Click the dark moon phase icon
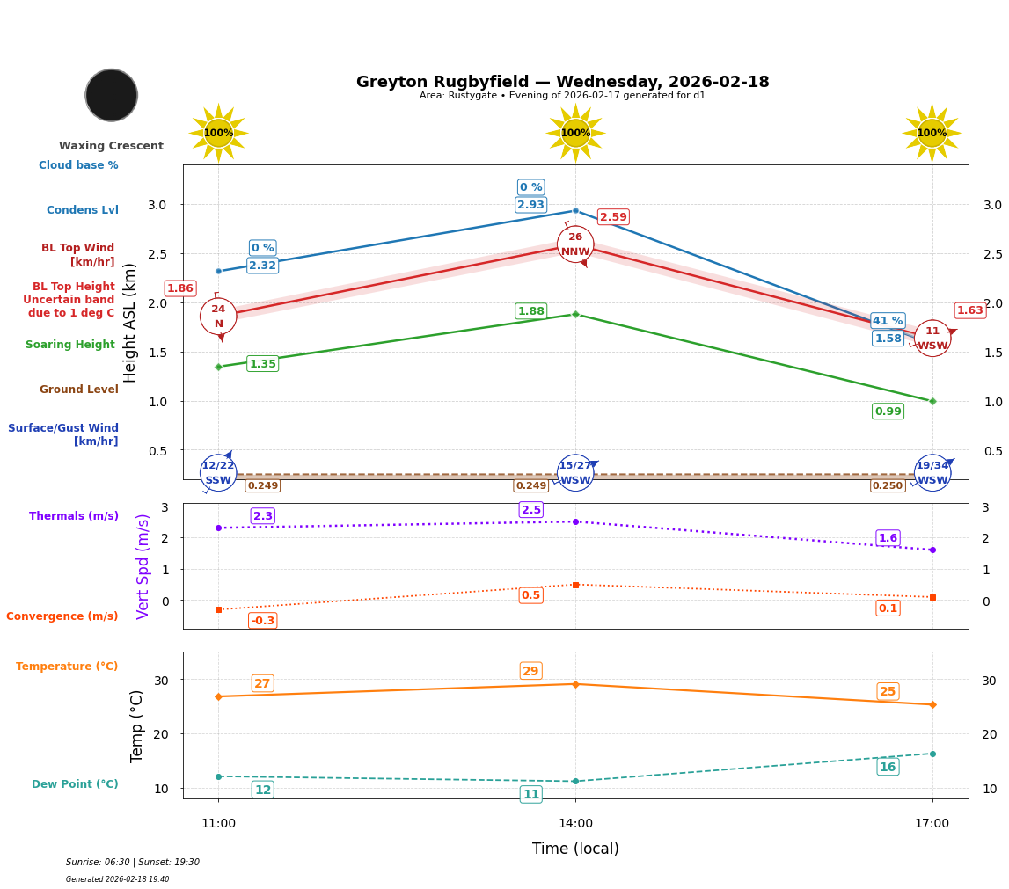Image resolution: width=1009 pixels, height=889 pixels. (112, 95)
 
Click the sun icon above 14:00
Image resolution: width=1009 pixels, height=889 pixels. (575, 133)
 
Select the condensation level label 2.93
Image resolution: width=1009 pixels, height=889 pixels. (530, 205)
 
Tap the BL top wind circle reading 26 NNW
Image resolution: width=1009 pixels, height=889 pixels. (575, 244)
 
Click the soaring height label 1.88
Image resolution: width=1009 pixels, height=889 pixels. (530, 311)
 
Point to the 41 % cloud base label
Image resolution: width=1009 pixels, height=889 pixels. (888, 321)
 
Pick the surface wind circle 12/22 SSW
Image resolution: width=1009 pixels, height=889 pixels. (218, 473)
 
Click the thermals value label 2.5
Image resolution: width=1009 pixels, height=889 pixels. (530, 510)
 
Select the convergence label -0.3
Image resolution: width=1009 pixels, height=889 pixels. (262, 621)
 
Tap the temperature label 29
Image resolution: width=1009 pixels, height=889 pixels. (530, 671)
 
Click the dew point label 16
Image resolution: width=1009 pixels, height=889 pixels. (888, 767)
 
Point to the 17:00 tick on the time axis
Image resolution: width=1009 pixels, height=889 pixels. (932, 824)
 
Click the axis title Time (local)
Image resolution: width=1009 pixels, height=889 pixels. (575, 849)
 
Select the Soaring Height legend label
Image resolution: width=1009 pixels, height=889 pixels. (70, 345)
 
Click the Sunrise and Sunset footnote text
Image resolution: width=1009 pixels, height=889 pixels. (133, 863)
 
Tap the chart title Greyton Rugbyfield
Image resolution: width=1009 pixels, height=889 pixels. (562, 82)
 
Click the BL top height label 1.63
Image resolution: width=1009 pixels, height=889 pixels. (969, 310)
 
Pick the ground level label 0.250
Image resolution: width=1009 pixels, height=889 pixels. (888, 485)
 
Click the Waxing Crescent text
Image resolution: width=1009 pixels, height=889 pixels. (111, 146)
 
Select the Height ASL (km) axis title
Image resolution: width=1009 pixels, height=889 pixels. (130, 322)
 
